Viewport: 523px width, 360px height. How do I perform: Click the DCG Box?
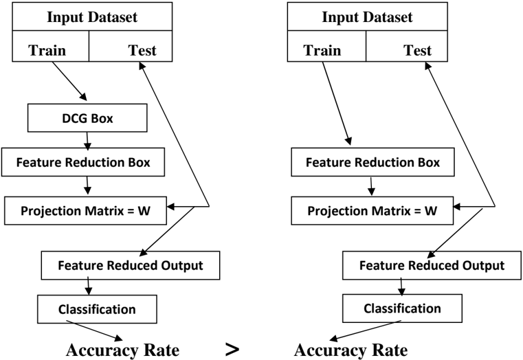coord(87,117)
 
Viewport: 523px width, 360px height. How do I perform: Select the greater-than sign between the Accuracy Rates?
coord(232,349)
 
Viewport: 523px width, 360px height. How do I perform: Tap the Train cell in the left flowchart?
coord(51,46)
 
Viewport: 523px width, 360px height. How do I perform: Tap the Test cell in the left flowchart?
coord(131,46)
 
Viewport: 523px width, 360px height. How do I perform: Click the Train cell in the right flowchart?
coord(326,46)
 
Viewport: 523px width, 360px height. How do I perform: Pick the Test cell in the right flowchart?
coord(407,46)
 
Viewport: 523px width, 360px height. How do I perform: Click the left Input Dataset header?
coord(92,16)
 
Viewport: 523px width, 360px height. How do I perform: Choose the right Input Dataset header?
coord(368,16)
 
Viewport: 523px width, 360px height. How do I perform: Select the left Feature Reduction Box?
coord(83,162)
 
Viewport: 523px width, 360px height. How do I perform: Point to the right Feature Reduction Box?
coord(372,162)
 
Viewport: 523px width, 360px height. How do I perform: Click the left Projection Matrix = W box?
coord(85,211)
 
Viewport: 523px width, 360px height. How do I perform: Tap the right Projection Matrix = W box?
coord(372,211)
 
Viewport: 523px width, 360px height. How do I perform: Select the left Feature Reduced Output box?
coord(131,265)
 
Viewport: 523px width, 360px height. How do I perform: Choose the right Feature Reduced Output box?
coord(432,265)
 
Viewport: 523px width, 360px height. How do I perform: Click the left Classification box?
coord(97,309)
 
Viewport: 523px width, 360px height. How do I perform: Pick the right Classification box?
coord(402,308)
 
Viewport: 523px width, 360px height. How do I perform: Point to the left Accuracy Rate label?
coord(123,350)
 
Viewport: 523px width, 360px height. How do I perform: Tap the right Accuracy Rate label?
coord(351,350)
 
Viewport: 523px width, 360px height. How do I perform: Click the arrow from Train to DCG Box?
coord(69,81)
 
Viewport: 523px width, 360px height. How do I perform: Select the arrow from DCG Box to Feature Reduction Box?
coord(87,141)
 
